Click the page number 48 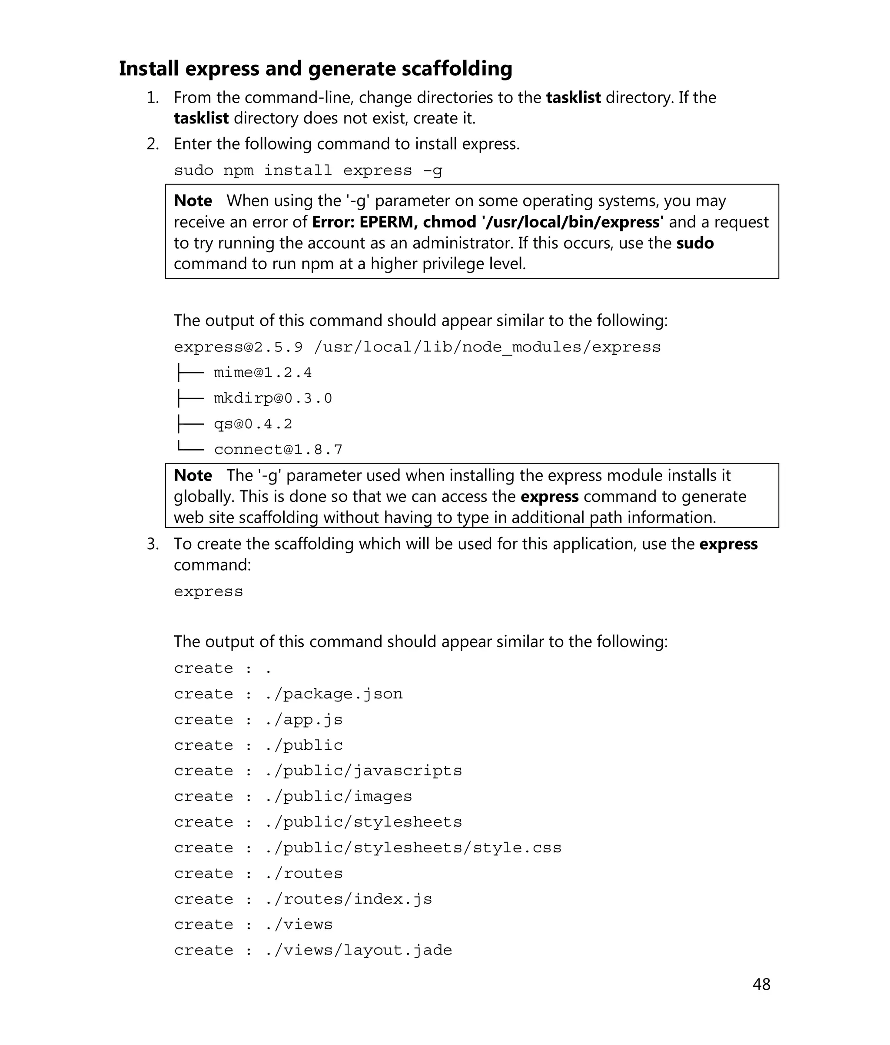point(761,984)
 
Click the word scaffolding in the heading point(457,69)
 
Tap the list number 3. point(153,544)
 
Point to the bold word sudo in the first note point(694,243)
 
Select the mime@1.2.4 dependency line point(262,373)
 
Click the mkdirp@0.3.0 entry point(272,398)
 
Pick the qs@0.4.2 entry point(252,424)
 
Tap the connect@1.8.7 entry point(278,450)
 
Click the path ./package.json point(334,694)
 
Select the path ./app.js point(303,720)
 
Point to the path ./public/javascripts point(363,771)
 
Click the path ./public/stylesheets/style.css point(413,848)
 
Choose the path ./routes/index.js point(348,899)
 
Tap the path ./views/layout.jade point(359,950)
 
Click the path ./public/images point(338,796)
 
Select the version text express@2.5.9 point(238,347)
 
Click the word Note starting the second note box point(193,476)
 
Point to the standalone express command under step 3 point(208,591)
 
